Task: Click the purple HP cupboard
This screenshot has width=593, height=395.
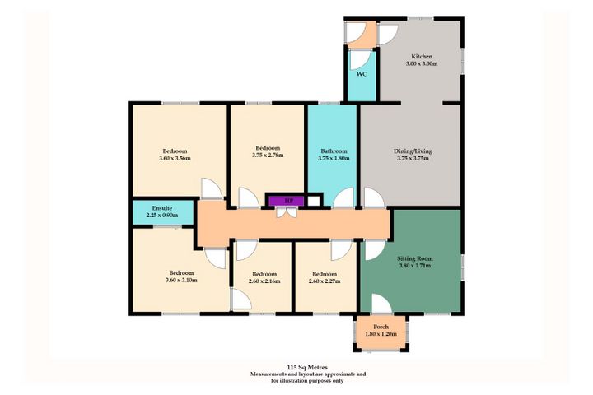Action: point(286,201)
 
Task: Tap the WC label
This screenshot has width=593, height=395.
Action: point(362,74)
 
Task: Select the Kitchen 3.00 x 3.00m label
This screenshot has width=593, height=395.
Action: point(422,60)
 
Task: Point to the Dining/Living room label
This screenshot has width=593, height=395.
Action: point(413,151)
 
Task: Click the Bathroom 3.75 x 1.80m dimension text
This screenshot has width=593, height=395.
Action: point(334,158)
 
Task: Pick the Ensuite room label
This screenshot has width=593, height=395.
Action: point(162,208)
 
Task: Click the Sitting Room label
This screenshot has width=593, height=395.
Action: point(415,259)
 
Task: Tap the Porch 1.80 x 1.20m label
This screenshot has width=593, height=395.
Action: point(381,330)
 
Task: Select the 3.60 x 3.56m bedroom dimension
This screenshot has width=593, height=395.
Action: point(175,158)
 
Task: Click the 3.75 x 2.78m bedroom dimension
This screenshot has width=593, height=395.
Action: point(268,155)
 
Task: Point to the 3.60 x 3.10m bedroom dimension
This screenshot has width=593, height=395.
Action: point(181,281)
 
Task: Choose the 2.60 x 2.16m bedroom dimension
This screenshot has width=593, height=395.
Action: point(264,281)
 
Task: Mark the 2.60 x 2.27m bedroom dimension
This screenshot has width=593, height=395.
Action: point(325,281)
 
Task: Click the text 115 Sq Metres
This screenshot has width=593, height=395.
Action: point(307,367)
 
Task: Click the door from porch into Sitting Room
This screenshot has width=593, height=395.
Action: point(381,304)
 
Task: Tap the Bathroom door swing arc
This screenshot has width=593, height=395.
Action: point(343,198)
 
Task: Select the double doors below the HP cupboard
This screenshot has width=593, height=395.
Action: point(287,212)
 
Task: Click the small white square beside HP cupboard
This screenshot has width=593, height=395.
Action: point(313,201)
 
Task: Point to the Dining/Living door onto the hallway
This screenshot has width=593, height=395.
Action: point(374,198)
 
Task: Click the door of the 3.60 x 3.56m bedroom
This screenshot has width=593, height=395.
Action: point(212,188)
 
